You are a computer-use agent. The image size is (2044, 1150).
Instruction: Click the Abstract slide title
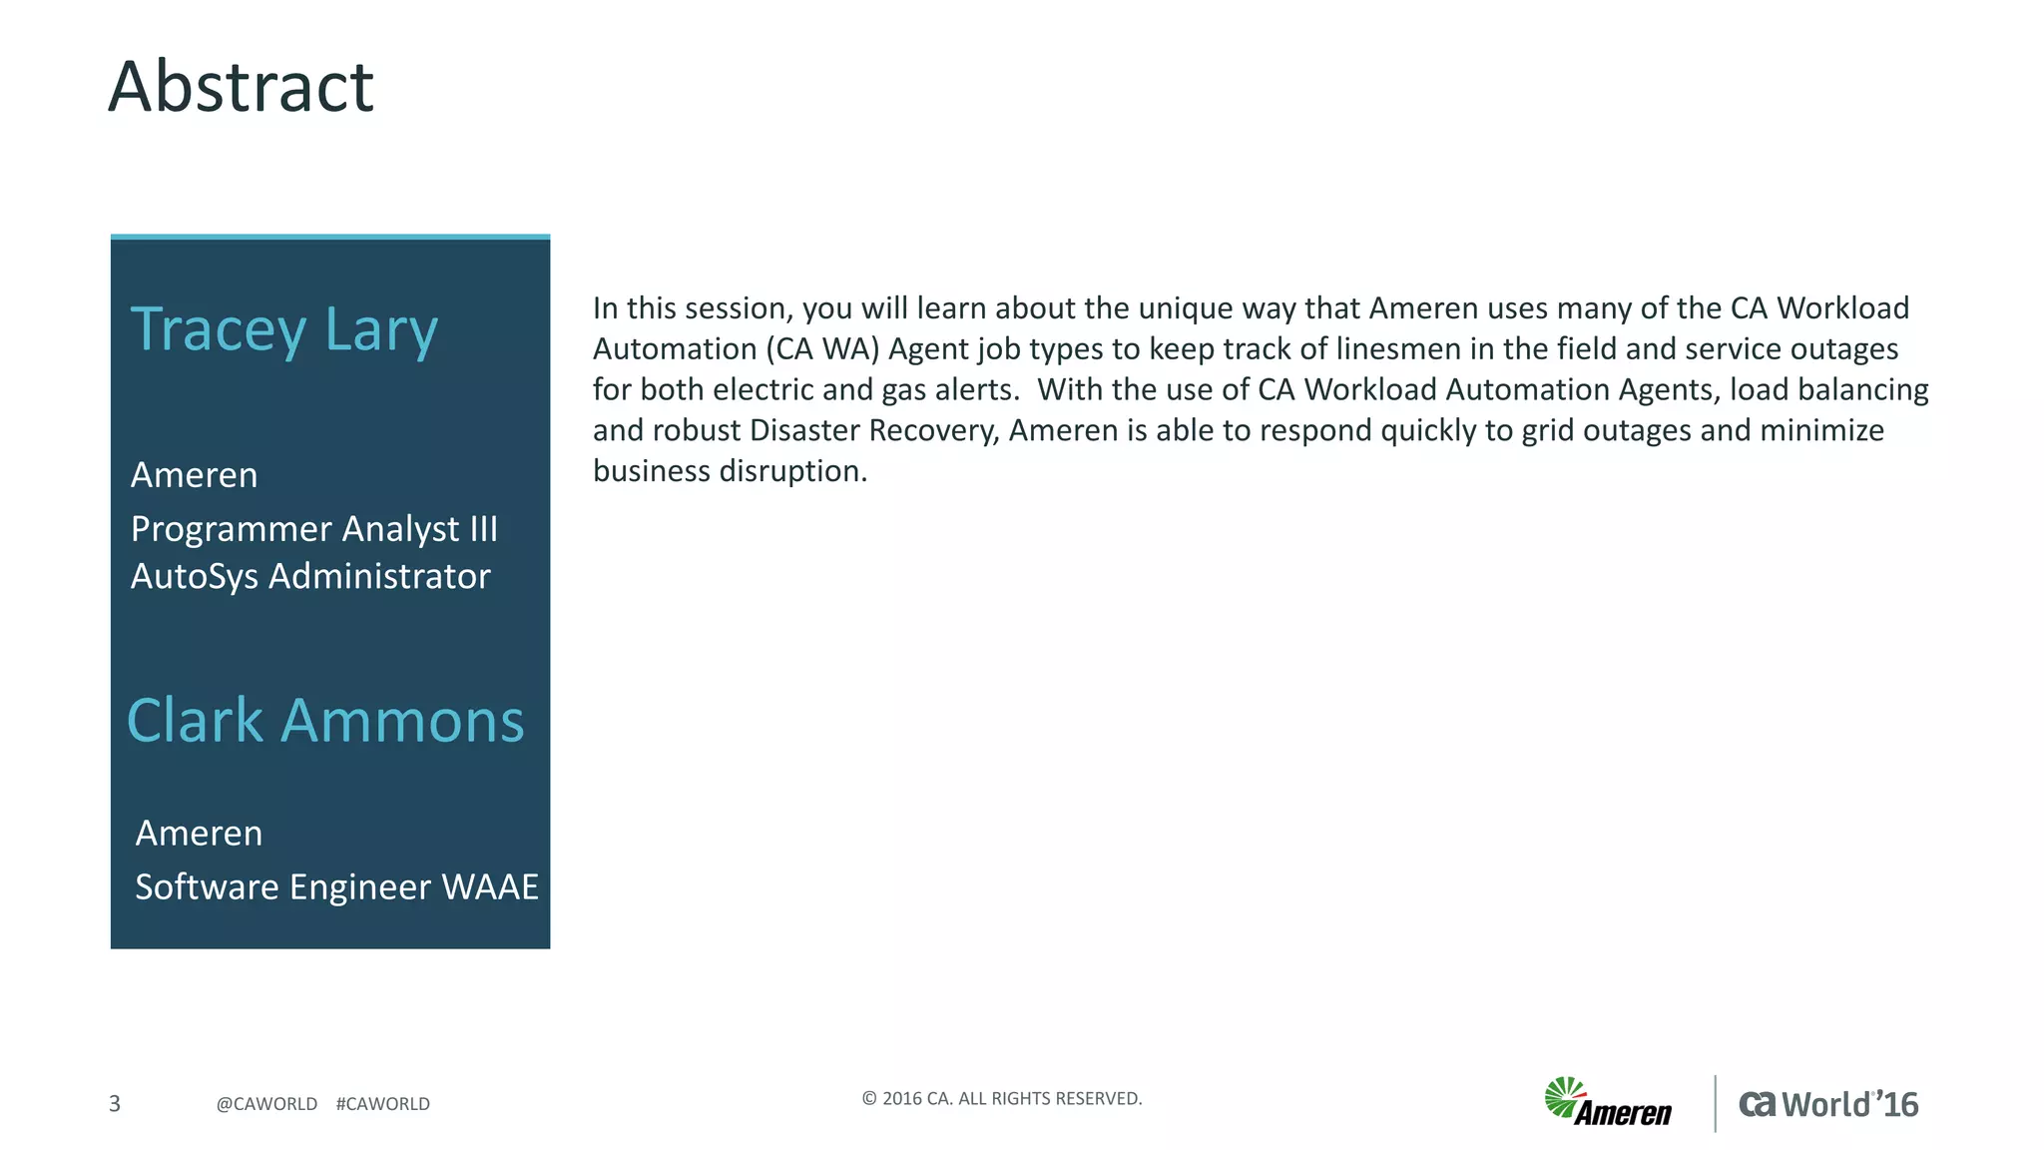241,87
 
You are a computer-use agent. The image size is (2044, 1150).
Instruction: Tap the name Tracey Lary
284,329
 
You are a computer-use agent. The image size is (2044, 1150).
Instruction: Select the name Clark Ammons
325,721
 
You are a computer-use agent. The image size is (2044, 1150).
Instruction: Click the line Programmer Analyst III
313,529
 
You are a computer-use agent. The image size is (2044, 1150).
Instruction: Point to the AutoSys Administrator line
310,577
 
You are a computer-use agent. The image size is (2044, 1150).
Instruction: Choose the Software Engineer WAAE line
336,887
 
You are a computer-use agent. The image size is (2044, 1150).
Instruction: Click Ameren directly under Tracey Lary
195,475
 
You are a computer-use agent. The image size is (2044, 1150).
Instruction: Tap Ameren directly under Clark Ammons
199,834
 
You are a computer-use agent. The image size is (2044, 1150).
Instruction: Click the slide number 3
115,1103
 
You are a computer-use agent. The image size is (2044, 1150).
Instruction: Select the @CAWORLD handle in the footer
266,1104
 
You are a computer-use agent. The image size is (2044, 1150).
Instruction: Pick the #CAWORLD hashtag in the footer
383,1104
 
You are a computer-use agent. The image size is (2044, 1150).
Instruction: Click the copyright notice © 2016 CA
1001,1099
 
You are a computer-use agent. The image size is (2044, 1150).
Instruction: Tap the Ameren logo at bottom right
1608,1103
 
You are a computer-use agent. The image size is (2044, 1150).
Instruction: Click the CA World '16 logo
1828,1104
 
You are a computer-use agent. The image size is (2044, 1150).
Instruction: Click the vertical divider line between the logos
1716,1103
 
